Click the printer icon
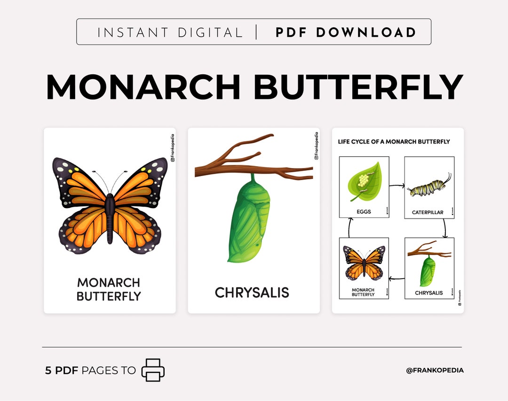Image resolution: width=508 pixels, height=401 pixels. pyautogui.click(x=153, y=370)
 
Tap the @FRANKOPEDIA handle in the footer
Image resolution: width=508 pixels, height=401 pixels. pyautogui.click(x=435, y=370)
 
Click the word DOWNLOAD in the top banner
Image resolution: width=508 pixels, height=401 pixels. pyautogui.click(x=366, y=32)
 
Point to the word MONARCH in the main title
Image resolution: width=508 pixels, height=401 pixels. pyautogui.click(x=143, y=87)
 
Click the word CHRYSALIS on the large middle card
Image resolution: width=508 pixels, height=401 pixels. pyautogui.click(x=252, y=293)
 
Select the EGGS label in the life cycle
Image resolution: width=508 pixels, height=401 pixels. pyautogui.click(x=364, y=212)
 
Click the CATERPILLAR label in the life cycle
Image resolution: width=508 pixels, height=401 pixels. pyautogui.click(x=428, y=212)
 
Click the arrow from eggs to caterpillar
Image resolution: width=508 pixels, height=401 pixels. pyautogui.click(x=397, y=186)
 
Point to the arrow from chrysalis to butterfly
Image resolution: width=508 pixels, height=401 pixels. pyautogui.click(x=397, y=279)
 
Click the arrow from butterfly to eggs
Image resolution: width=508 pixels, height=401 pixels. pyautogui.click(x=349, y=228)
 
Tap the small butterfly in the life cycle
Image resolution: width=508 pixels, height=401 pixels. pyautogui.click(x=364, y=263)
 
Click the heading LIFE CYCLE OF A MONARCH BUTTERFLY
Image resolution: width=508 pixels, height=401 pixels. pyautogui.click(x=394, y=141)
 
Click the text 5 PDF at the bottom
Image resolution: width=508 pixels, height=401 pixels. pyautogui.click(x=62, y=370)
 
